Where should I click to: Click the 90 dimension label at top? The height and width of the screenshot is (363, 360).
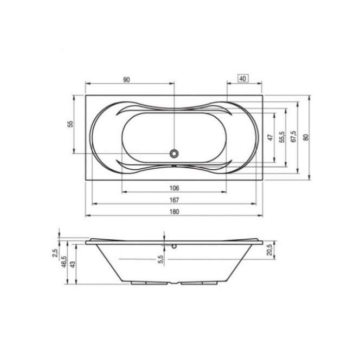tap(126, 80)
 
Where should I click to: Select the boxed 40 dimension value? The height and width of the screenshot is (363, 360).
tap(243, 79)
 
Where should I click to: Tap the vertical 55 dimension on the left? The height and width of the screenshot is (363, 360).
tap(70, 124)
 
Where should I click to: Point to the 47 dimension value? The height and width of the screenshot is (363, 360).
tap(270, 137)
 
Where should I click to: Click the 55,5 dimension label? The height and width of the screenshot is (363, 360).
tap(282, 137)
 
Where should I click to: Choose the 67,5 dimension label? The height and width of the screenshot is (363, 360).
tap(294, 137)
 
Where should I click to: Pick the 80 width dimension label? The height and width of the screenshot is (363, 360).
tap(306, 137)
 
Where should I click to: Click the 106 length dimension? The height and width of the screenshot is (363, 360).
tap(174, 188)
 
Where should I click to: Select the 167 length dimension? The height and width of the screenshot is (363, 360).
tap(174, 200)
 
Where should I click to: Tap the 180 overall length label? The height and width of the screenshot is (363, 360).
tap(174, 212)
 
